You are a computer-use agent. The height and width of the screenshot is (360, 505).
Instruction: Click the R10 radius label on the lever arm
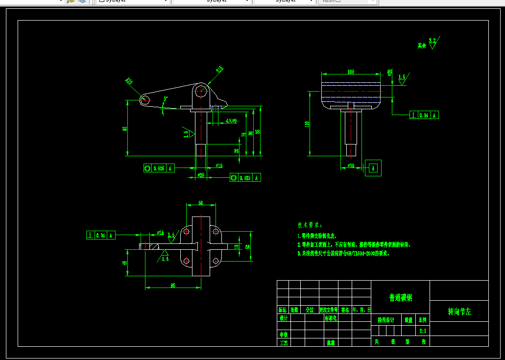coord(129,81)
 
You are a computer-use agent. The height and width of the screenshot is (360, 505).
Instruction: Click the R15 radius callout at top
coord(219,70)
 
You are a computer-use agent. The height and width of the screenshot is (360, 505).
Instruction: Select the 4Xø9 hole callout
coord(231,120)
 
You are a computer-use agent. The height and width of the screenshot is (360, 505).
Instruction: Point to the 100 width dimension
coord(351,72)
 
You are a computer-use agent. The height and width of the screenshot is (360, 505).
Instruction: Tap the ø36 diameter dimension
coord(351,166)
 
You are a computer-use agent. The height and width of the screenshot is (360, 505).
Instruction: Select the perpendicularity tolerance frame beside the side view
coord(424,115)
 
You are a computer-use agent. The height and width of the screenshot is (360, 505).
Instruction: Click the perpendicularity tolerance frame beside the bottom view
coord(101,235)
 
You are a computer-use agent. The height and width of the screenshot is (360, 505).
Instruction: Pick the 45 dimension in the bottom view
coord(125,263)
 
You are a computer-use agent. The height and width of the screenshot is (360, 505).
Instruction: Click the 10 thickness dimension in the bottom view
coord(236,246)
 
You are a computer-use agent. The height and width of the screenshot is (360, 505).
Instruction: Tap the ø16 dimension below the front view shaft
coord(219,166)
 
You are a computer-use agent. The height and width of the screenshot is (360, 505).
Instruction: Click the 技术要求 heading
coord(310,225)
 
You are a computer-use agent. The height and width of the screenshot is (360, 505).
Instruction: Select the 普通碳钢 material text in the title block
coord(400,297)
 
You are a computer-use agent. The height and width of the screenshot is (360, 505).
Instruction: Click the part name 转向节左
coord(459,312)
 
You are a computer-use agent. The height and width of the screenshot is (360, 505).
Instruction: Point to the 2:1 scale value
coord(423,331)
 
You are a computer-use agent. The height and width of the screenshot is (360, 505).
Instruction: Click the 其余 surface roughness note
coord(421,46)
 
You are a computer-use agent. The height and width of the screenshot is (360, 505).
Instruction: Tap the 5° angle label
coord(166,99)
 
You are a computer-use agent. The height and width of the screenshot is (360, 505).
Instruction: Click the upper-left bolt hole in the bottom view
coord(186,231)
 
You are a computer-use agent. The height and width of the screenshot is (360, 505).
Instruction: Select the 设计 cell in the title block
coord(283,317)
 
